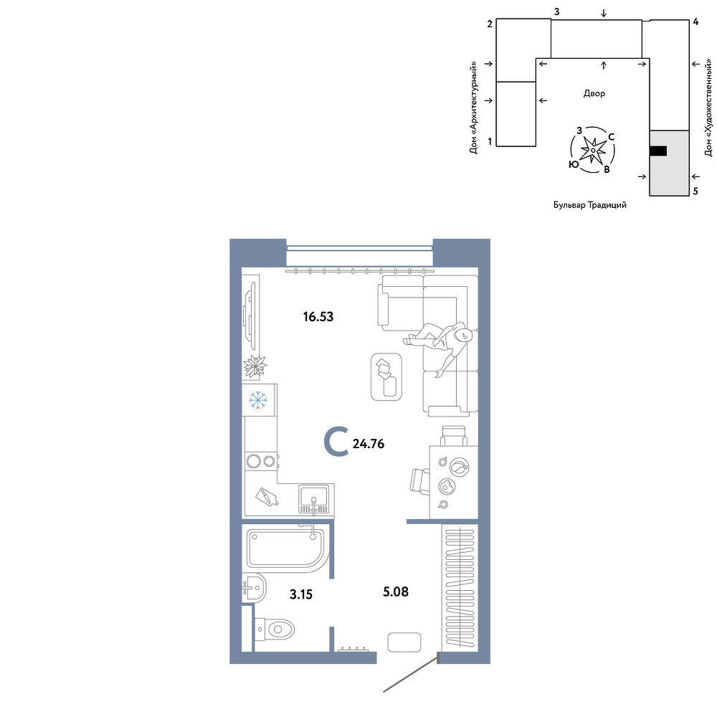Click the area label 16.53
318,316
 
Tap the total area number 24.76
369,444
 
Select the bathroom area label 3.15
301,594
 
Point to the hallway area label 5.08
396,592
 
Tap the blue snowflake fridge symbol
258,400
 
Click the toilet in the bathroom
275,630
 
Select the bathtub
286,550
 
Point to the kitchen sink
313,499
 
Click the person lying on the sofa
439,343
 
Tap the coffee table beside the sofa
386,377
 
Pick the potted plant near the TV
255,366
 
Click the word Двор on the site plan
594,94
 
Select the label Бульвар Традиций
590,205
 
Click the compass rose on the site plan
593,150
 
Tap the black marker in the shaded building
658,151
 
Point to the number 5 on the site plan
695,191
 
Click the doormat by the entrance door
404,642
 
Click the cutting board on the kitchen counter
267,496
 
